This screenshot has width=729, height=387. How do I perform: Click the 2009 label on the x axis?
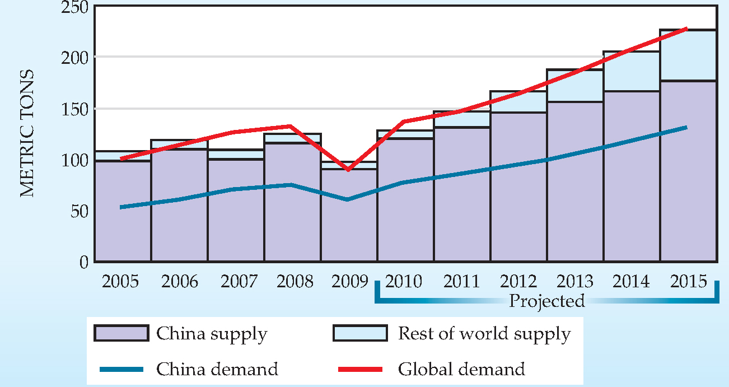(348, 281)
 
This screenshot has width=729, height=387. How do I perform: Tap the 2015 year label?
(688, 281)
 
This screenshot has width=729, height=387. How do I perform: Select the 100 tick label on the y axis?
(72, 160)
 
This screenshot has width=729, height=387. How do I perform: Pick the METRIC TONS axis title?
(27, 133)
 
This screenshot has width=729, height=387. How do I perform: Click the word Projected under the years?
(546, 301)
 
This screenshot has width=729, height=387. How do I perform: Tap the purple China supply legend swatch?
(121, 333)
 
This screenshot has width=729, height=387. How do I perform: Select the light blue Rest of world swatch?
(359, 333)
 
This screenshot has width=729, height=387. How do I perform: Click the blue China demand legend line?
(121, 370)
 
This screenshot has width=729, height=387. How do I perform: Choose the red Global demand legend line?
(360, 370)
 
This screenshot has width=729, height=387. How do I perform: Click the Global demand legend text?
(461, 370)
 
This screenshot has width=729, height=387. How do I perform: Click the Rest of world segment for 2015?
(688, 55)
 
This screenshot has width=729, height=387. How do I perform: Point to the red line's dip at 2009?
(348, 169)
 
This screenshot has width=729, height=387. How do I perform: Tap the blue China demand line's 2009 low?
(348, 199)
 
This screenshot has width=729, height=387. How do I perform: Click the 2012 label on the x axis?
(518, 281)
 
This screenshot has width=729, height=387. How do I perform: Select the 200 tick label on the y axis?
(72, 58)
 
